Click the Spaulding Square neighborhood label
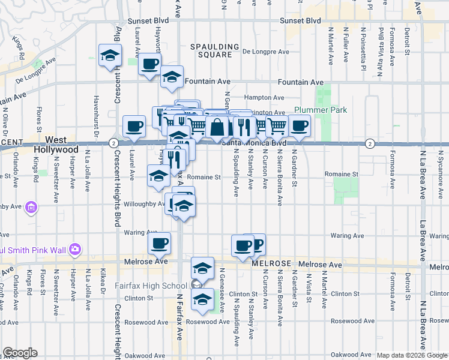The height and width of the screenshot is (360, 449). click(x=211, y=50)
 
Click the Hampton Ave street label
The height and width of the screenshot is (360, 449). click(x=264, y=98)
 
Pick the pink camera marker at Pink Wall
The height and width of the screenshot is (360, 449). click(x=75, y=249)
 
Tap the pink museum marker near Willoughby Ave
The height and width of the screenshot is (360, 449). click(x=31, y=208)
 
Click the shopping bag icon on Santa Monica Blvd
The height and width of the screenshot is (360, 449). click(x=217, y=127)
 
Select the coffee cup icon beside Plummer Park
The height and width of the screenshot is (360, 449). click(x=298, y=126)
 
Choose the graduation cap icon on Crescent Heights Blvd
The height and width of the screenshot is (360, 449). click(x=110, y=56)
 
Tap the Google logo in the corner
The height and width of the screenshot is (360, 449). click(x=20, y=353)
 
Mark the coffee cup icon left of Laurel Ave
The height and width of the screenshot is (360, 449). click(x=134, y=126)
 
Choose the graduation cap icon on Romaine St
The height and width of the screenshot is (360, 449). click(x=158, y=176)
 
